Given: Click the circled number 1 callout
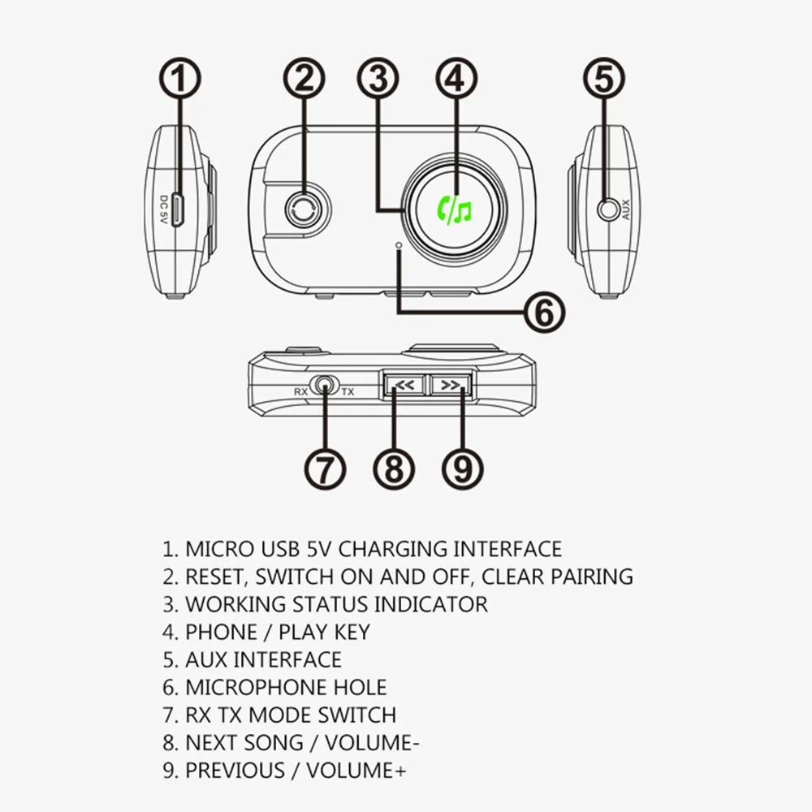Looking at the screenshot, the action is click(179, 78).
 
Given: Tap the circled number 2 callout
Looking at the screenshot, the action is click(304, 78).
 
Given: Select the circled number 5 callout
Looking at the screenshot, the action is click(604, 78).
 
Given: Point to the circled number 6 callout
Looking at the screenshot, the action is click(544, 313).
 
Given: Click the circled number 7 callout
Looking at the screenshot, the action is click(325, 469).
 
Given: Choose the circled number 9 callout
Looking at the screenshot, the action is click(463, 469).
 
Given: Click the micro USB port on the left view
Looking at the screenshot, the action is click(177, 210).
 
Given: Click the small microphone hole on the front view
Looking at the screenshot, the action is click(398, 244).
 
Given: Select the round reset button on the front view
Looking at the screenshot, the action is click(307, 209).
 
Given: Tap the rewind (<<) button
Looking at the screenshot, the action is click(404, 385).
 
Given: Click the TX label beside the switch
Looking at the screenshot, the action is click(348, 392).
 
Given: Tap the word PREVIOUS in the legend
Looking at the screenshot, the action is click(235, 771).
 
